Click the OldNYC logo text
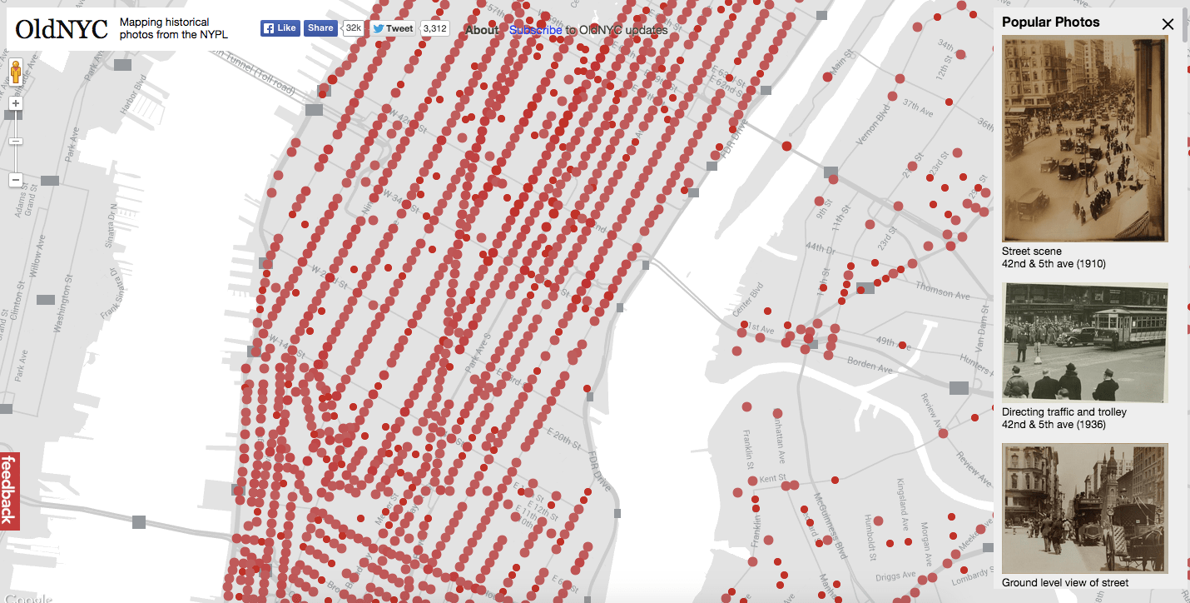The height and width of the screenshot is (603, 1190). click(62, 29)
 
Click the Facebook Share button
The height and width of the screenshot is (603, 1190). click(320, 28)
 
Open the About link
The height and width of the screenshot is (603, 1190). click(482, 30)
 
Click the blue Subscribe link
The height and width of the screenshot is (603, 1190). click(535, 30)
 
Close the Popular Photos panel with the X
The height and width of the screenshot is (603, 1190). click(1168, 23)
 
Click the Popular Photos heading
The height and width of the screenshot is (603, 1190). click(1050, 22)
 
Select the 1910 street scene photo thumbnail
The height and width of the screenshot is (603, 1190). click(1085, 138)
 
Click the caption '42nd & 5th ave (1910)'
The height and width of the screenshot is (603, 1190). click(1054, 264)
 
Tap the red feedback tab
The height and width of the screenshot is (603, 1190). click(9, 491)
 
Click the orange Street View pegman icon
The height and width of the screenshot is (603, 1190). click(16, 72)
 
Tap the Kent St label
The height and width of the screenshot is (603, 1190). click(772, 478)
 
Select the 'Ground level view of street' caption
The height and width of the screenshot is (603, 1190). click(1065, 583)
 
